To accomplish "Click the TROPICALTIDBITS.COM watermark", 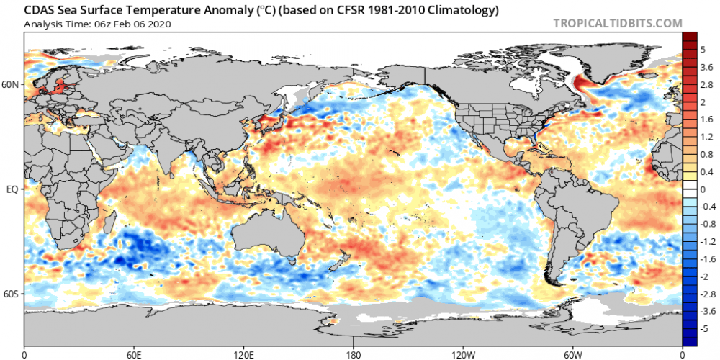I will [617, 23].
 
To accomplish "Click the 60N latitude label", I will [11, 84].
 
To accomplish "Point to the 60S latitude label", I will [11, 294].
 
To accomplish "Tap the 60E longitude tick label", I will [134, 354].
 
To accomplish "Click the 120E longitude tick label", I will [243, 354].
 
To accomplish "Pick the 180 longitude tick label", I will [354, 354].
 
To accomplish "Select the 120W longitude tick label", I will [463, 354].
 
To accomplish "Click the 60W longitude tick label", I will [572, 354].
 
